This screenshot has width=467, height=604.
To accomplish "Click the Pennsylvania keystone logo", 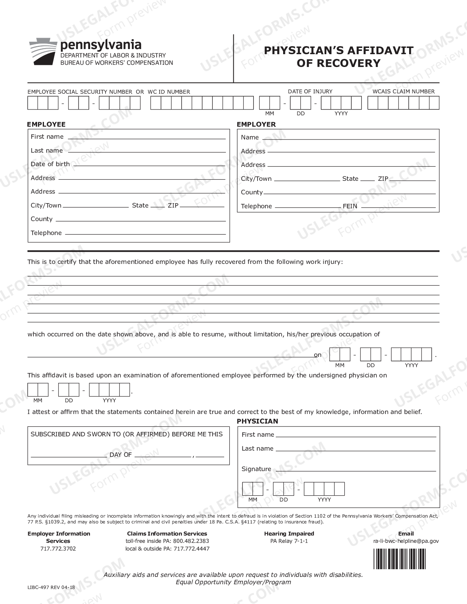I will click(x=43, y=52).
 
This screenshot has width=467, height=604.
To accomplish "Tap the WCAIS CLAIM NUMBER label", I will click(x=403, y=92).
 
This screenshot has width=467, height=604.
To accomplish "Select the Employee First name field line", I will click(x=147, y=137).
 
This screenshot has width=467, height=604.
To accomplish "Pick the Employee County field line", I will click(x=140, y=219).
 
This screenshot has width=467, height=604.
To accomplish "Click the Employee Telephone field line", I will click(x=145, y=233).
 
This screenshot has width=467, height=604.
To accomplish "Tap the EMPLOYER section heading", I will click(x=256, y=124).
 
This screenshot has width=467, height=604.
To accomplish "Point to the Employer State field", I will click(x=367, y=179).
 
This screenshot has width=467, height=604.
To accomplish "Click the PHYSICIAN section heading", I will click(x=257, y=421).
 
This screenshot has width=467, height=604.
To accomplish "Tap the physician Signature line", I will click(x=355, y=469).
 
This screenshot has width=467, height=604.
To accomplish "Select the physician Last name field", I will click(x=355, y=449).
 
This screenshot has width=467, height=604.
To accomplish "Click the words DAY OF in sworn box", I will click(x=121, y=455).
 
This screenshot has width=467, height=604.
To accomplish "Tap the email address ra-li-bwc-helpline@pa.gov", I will click(x=406, y=541).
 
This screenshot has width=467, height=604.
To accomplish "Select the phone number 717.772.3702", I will click(x=59, y=548).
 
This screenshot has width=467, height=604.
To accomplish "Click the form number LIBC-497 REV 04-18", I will click(x=51, y=587).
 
